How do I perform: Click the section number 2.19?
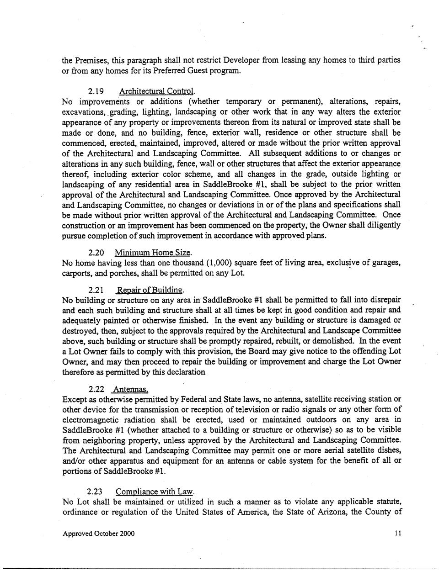[x=96, y=91]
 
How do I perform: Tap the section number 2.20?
[x=96, y=253]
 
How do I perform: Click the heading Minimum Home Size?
[x=153, y=253]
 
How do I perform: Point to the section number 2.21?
[x=96, y=290]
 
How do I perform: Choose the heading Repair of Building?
[x=150, y=290]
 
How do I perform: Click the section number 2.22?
[x=96, y=389]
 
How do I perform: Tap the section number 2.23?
[x=96, y=492]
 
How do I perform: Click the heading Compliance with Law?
[x=155, y=492]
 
